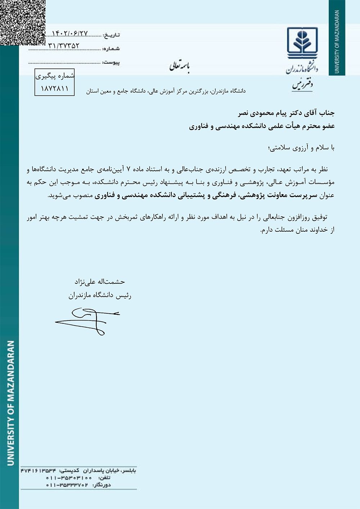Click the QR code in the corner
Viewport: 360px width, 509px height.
pos(22,22)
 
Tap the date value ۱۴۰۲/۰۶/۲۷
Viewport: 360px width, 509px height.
pos(70,33)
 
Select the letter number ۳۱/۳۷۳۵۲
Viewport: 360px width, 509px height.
pos(64,46)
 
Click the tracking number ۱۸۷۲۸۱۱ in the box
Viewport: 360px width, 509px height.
pos(54,88)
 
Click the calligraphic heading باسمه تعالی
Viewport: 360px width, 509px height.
pos(180,66)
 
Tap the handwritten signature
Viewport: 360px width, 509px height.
pos(87,321)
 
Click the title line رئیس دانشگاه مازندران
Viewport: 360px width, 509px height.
pos(100,296)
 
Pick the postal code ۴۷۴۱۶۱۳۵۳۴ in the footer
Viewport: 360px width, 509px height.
pos(39,471)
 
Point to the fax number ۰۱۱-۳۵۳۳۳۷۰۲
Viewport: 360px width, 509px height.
pos(67,485)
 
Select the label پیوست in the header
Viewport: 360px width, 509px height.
pos(111,63)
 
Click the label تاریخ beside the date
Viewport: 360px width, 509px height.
pos(111,35)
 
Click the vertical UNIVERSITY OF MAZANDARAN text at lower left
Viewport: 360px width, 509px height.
pos(11,403)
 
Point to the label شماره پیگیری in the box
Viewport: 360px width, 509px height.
pos(55,76)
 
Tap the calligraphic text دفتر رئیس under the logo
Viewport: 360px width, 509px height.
pos(302,85)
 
